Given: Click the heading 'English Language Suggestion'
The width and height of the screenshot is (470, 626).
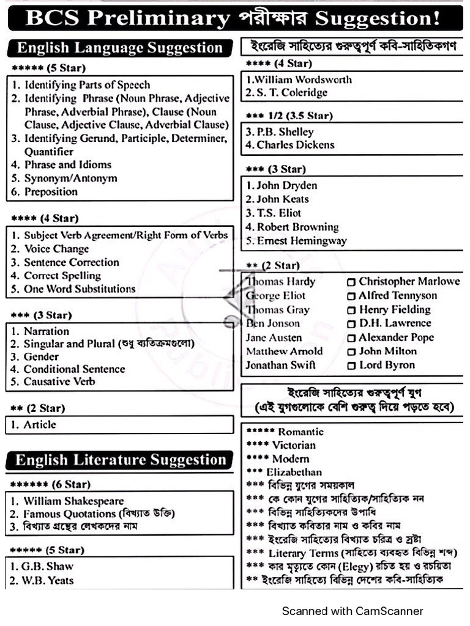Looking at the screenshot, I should click(119, 48).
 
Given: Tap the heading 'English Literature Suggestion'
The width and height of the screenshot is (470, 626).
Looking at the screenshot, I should click(121, 460).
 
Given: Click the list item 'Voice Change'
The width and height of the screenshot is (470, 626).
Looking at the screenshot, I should click(56, 249).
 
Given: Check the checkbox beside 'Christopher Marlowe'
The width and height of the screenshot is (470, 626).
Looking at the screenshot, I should click(351, 282).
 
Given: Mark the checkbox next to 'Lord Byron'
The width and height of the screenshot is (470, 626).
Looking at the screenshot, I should click(351, 366).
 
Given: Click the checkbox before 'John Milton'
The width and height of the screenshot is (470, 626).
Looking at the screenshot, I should click(351, 352).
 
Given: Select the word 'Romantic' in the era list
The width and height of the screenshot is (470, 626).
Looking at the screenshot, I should click(300, 432).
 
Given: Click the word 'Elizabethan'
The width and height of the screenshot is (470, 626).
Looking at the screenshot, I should click(294, 472).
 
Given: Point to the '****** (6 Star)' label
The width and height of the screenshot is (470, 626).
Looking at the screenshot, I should click(50, 484).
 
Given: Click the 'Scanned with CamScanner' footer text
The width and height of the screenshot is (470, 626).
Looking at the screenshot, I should click(352, 611).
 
